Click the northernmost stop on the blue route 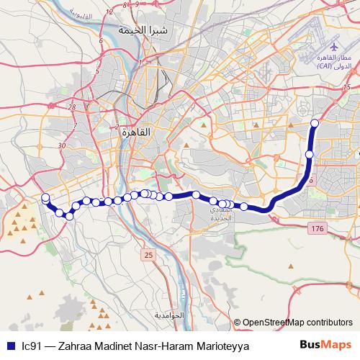tap(314, 123)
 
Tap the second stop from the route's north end tap(310, 154)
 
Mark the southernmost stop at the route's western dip tap(70, 215)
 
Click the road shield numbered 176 tap(316, 228)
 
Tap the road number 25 tap(148, 255)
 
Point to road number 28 tap(71, 107)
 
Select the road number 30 tap(62, 145)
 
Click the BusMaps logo tap(325, 345)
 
